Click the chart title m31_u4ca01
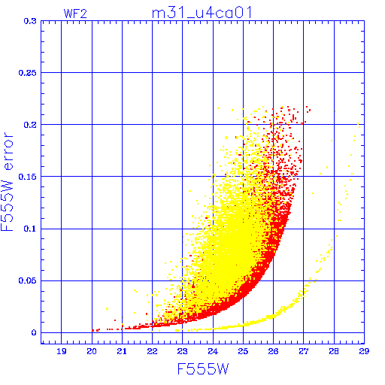[202, 13]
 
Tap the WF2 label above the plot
[75, 14]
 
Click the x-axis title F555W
[203, 369]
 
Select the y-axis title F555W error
[7, 182]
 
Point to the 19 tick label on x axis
[62, 351]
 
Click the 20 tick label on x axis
[92, 351]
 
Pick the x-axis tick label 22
[152, 351]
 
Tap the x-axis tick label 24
[213, 351]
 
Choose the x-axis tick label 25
[243, 351]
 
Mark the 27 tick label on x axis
[303, 351]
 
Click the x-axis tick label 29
[364, 351]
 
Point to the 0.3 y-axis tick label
[30, 21]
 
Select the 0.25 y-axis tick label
[28, 73]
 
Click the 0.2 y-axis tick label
[30, 125]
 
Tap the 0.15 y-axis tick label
[28, 177]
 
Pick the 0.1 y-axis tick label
[30, 229]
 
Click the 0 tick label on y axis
[34, 332]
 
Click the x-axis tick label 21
[122, 351]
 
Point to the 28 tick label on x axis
[334, 351]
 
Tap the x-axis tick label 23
[182, 351]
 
